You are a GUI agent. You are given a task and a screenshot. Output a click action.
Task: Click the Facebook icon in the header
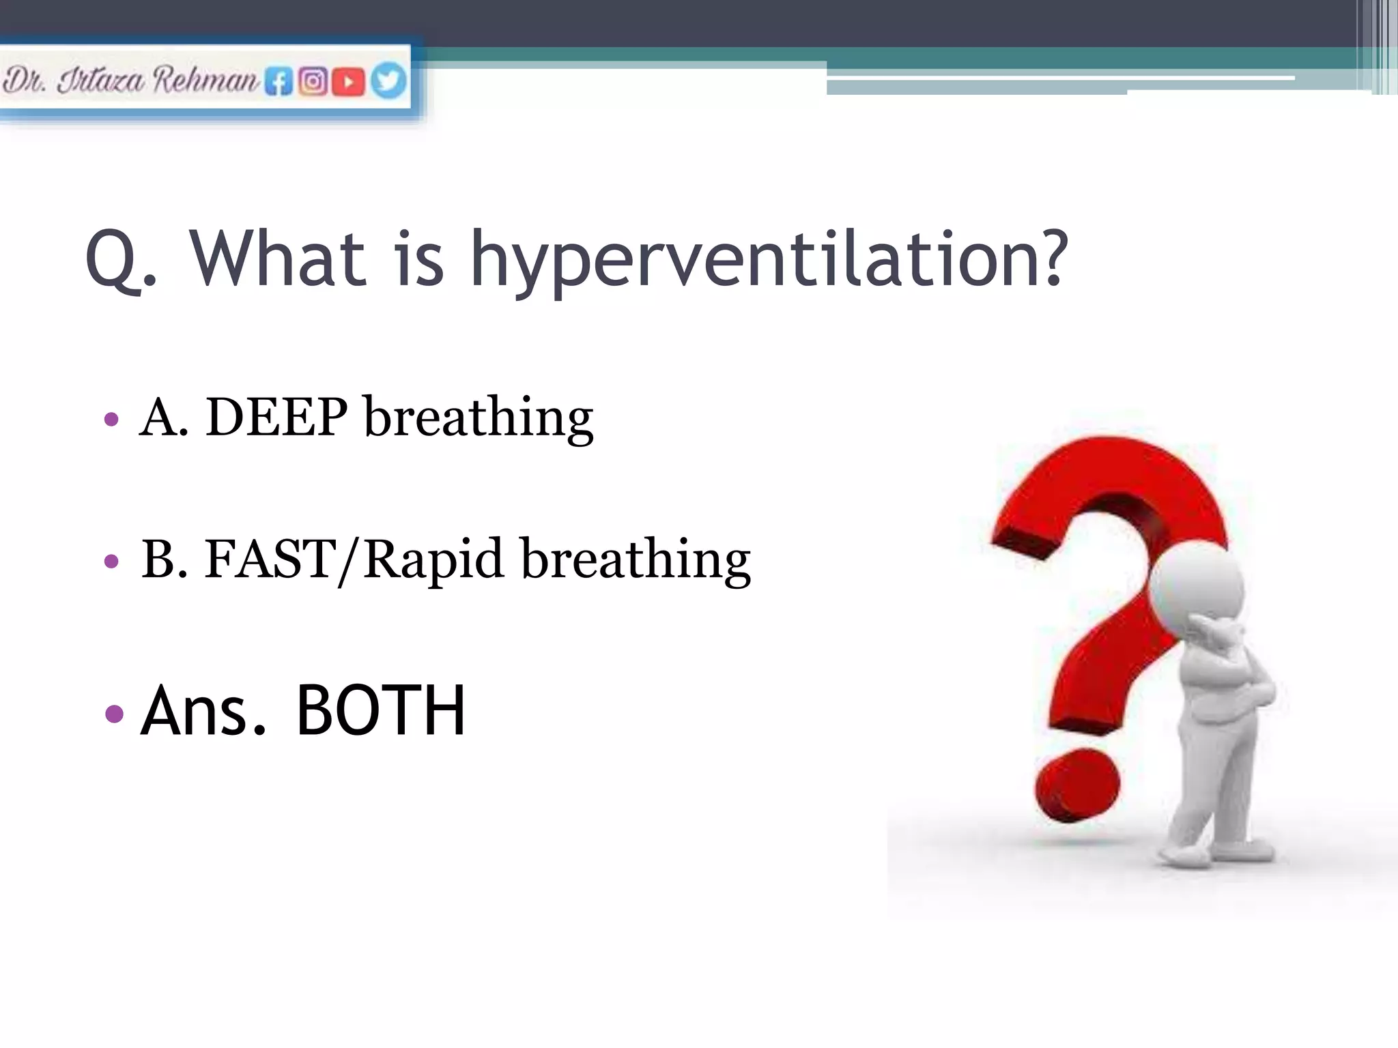tap(279, 82)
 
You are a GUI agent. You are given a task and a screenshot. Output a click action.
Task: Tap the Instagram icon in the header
tap(313, 82)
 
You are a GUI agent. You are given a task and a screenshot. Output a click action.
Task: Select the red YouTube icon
tap(349, 82)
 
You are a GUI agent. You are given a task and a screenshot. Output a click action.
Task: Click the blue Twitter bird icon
tap(388, 81)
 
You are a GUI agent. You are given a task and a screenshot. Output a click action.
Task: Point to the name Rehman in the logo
tap(205, 80)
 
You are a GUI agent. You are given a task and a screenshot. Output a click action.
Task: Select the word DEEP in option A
tap(276, 417)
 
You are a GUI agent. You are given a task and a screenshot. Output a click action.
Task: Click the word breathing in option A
tap(479, 417)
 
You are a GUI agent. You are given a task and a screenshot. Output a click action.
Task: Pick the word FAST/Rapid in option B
tap(354, 559)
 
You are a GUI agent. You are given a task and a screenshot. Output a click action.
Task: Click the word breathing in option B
tap(636, 559)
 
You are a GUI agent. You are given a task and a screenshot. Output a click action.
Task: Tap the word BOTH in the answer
tap(381, 712)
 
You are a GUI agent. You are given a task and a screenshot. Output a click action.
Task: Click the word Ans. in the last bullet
tap(203, 712)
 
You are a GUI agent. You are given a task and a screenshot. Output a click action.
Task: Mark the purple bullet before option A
tap(112, 418)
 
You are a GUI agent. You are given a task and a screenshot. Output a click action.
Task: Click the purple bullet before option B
tap(112, 562)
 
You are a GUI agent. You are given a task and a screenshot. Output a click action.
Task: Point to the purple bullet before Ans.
tap(115, 714)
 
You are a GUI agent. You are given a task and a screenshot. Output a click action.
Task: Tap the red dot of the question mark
tap(1076, 785)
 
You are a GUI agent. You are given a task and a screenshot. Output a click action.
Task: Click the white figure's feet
tap(1215, 853)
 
